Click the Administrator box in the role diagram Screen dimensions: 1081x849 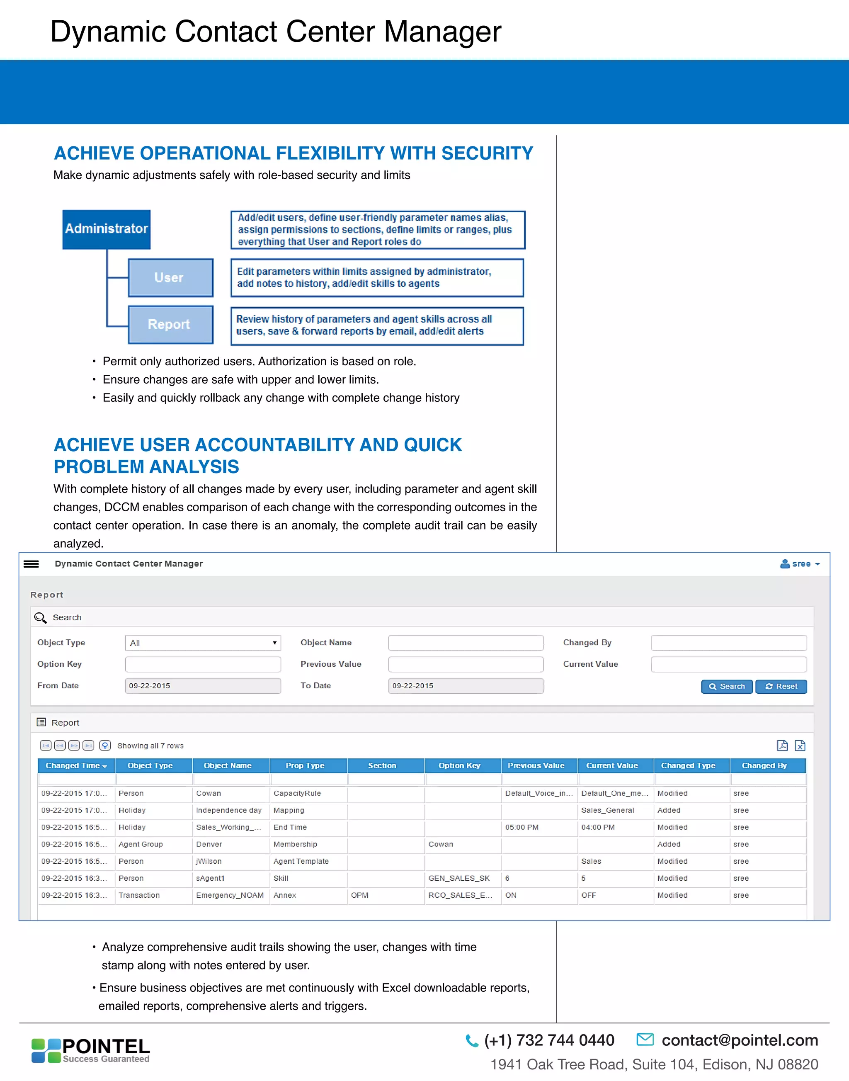click(x=107, y=229)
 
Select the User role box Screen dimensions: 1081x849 click(x=170, y=277)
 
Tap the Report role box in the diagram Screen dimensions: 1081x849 click(x=170, y=324)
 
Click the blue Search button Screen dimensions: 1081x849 click(x=726, y=686)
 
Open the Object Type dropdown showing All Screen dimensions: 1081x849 click(x=203, y=643)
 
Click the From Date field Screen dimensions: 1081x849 click(x=203, y=686)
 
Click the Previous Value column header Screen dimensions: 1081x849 click(x=536, y=765)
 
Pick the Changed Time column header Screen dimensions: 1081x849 click(x=76, y=765)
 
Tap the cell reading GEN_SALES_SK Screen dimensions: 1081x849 click(x=459, y=878)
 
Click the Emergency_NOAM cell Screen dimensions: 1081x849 click(x=230, y=895)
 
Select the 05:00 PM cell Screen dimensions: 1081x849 click(x=522, y=827)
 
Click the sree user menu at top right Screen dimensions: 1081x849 click(x=800, y=564)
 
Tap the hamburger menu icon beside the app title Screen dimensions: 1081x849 click(x=32, y=564)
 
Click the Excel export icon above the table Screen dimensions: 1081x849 click(x=800, y=746)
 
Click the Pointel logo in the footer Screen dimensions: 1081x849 click(x=90, y=1050)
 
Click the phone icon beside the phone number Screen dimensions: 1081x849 click(x=471, y=1040)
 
